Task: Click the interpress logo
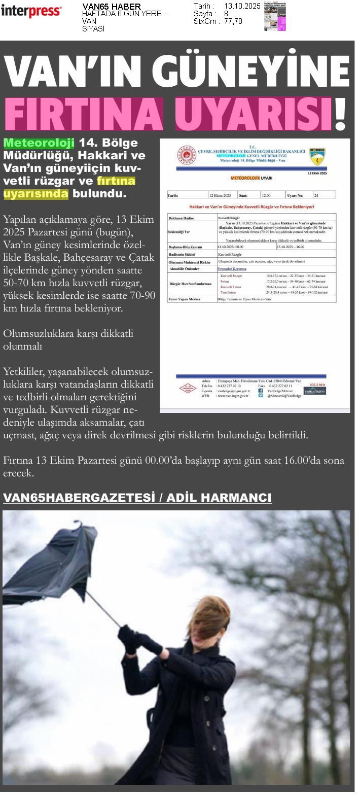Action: coord(31,11)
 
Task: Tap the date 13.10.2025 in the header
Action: coord(242,6)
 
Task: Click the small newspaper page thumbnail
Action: coord(274,16)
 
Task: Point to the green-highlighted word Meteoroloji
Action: coord(39,143)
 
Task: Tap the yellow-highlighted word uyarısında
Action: coord(35,193)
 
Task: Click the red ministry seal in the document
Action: coord(186,155)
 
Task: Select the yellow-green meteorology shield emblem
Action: coord(317,156)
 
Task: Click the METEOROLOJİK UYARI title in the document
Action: coord(251,179)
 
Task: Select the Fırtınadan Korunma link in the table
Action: coord(232,268)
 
